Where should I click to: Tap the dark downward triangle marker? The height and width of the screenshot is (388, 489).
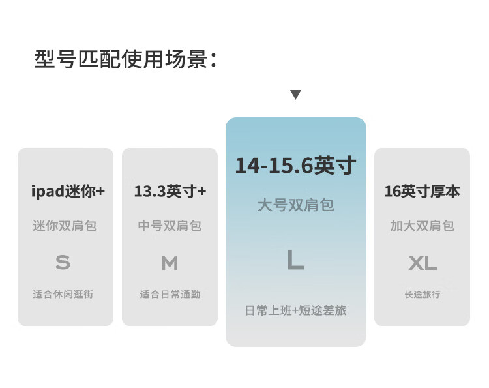pos(295,95)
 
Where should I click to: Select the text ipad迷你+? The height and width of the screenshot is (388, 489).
pos(68,191)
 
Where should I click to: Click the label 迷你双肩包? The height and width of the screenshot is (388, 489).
pos(65,226)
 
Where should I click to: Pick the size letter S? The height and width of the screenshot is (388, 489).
pos(63,263)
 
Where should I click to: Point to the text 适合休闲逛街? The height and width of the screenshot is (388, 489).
pos(63,294)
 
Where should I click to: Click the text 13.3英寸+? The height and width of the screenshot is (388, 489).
pos(170,191)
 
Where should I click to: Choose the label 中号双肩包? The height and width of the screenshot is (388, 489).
pos(170,226)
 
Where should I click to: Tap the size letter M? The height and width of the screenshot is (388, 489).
pos(170,263)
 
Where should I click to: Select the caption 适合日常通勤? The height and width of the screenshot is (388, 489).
pos(170,294)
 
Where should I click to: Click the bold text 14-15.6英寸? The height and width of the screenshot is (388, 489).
pos(295,166)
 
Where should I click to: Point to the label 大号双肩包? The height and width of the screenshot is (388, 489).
pos(295,205)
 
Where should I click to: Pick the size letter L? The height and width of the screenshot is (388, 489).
pos(295,260)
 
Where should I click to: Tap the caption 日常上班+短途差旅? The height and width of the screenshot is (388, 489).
pos(295,310)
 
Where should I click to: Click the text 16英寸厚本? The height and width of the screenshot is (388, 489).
pos(422,191)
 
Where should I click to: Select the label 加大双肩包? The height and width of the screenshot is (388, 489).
pos(422,226)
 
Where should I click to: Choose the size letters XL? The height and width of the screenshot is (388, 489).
pos(422,263)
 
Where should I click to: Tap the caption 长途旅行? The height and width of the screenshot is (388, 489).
pos(422,294)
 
